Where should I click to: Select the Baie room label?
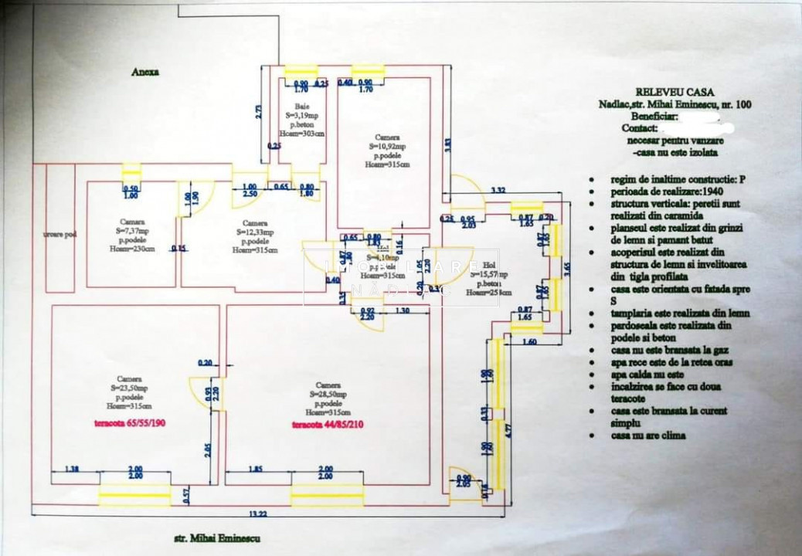click(x=301, y=107)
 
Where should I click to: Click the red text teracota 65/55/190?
click(x=128, y=423)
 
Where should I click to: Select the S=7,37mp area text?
click(x=131, y=229)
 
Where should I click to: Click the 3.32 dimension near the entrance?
click(x=498, y=190)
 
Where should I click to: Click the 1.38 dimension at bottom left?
click(x=72, y=470)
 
